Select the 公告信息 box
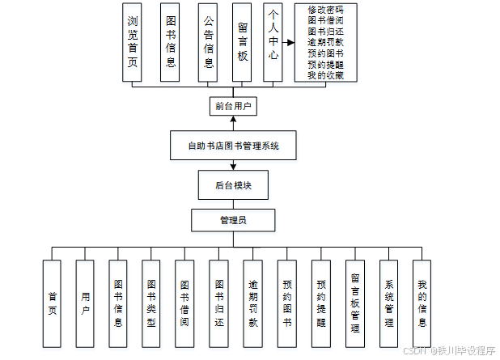209,42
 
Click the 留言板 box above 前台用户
242,42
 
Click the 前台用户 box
233,106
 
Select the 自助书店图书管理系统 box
233,146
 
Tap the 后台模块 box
233,185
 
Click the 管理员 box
233,219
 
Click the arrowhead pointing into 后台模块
233,167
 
